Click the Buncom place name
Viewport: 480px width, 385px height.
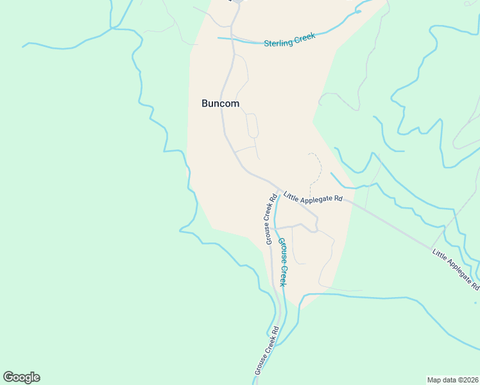click(x=220, y=103)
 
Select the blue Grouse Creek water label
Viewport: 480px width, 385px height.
click(x=282, y=262)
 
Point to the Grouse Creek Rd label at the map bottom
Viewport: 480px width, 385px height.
click(x=266, y=351)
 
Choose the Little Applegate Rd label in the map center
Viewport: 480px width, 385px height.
click(x=313, y=199)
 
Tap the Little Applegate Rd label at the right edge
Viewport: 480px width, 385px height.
click(x=456, y=268)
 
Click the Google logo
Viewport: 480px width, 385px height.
click(x=21, y=377)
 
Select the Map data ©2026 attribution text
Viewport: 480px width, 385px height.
click(x=452, y=379)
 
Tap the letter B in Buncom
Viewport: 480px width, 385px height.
click(x=205, y=103)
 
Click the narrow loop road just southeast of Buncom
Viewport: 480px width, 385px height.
click(x=252, y=125)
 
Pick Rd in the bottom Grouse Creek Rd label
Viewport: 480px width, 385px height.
click(x=275, y=331)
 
